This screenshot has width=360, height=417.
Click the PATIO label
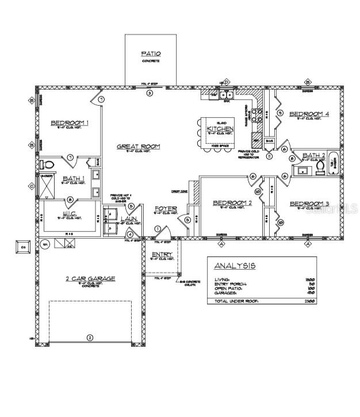(x=151, y=54)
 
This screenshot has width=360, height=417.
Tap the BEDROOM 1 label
(x=70, y=123)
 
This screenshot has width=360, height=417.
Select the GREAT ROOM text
(x=139, y=147)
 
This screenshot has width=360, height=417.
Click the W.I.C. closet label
(x=73, y=213)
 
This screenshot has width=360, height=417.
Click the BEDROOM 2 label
(x=232, y=202)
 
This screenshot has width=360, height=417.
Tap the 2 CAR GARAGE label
(x=90, y=279)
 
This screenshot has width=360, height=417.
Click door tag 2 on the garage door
(x=89, y=338)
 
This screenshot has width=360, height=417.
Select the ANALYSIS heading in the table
(x=235, y=266)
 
